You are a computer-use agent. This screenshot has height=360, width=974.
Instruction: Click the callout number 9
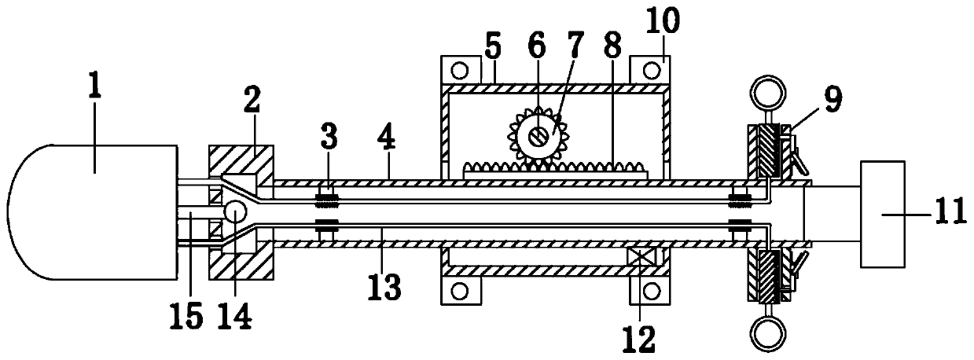click(x=832, y=99)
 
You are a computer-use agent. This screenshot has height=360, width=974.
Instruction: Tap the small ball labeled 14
click(x=235, y=211)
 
